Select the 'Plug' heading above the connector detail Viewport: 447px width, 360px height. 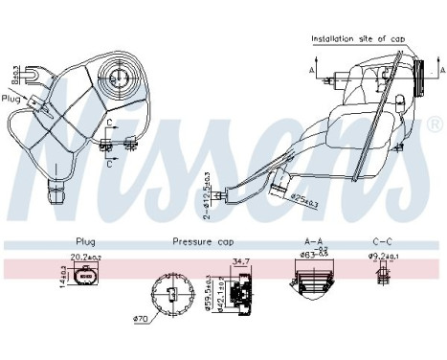tap(86, 242)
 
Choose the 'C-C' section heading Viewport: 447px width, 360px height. tap(381, 242)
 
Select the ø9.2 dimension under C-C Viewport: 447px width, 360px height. tap(385, 258)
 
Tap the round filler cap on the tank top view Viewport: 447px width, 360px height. tap(121, 76)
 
